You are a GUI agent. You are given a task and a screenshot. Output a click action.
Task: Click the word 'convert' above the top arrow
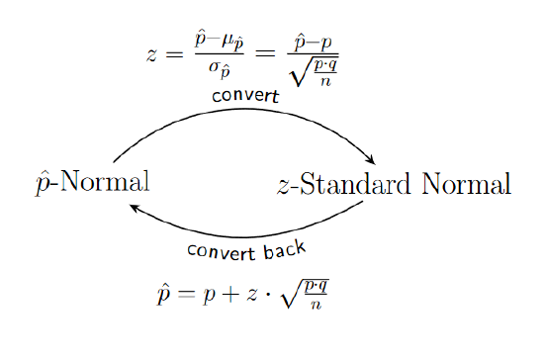coord(244,97)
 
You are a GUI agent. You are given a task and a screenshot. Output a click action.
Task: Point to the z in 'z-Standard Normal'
coord(284,185)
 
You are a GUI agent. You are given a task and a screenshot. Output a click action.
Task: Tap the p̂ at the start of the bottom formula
coord(163,294)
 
